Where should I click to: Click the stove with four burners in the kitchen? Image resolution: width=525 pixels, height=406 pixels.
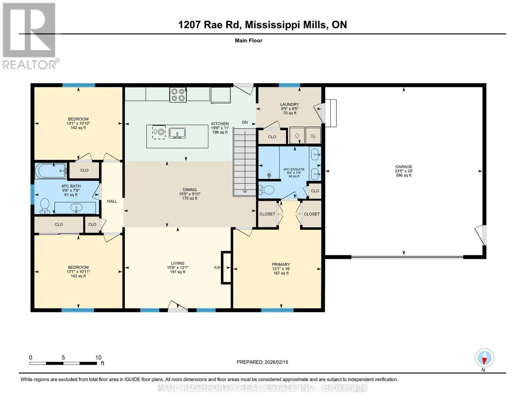click(178, 95)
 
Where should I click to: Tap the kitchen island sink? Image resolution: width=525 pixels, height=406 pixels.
click(177, 133)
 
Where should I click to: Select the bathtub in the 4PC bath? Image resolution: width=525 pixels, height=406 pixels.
click(51, 171)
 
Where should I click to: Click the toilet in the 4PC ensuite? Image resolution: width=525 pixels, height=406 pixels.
click(266, 189)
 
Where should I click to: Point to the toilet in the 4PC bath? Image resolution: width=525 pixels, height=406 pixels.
click(45, 206)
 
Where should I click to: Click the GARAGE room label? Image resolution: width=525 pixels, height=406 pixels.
click(404, 166)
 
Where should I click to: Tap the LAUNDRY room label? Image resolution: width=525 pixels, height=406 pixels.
click(289, 105)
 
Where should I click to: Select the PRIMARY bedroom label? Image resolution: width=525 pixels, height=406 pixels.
click(281, 265)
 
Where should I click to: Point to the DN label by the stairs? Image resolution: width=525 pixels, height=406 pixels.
click(245, 122)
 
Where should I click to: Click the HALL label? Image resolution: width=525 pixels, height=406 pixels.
click(112, 201)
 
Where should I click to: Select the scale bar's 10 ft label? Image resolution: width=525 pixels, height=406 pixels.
click(98, 358)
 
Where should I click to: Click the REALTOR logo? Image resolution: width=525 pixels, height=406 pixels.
click(30, 36)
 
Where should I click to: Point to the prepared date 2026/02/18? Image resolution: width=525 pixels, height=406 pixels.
click(276, 362)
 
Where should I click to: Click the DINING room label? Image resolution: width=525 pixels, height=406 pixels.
click(190, 190)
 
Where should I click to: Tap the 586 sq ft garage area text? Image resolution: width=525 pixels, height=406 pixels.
click(404, 175)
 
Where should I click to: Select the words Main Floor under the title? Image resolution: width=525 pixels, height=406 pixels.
click(248, 41)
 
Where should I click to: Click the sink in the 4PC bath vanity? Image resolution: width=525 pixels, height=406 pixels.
click(76, 208)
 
